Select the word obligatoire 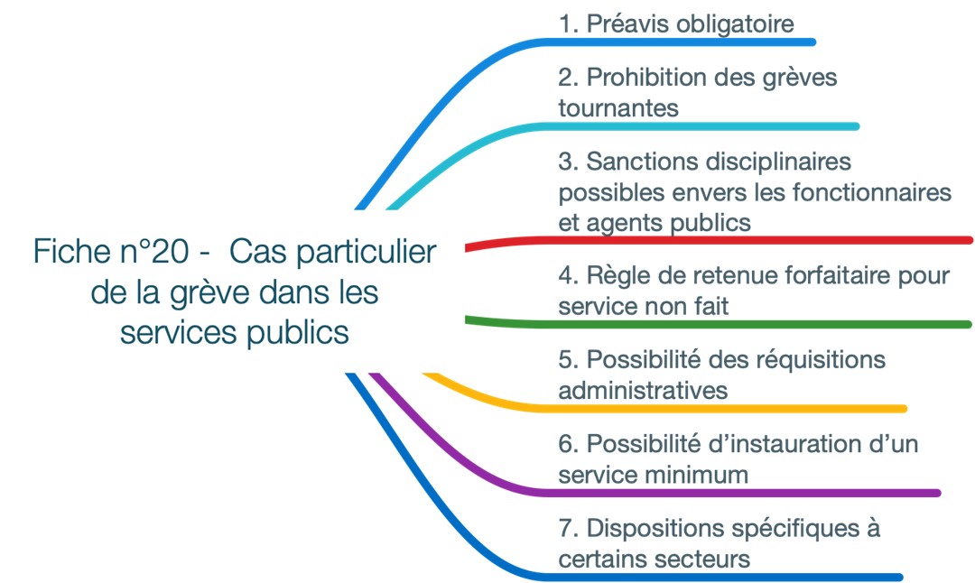735,25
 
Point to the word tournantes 618,108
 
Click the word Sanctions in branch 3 643,162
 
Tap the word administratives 643,391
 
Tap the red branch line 719,241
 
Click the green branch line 719,324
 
